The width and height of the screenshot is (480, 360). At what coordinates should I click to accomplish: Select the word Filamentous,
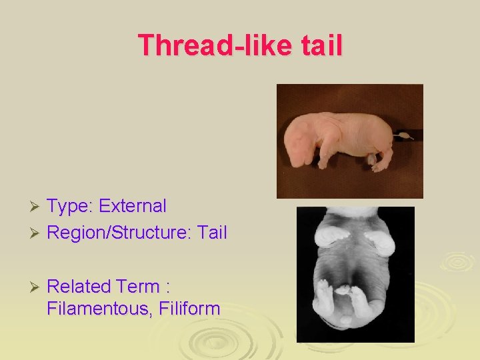pyautogui.click(x=95, y=309)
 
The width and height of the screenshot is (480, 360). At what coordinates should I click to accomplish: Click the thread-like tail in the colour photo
pyautogui.click(x=403, y=136)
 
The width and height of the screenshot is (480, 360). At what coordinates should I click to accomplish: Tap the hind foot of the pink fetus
pyautogui.click(x=381, y=166)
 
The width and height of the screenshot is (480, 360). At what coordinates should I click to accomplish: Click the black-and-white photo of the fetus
pyautogui.click(x=355, y=274)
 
